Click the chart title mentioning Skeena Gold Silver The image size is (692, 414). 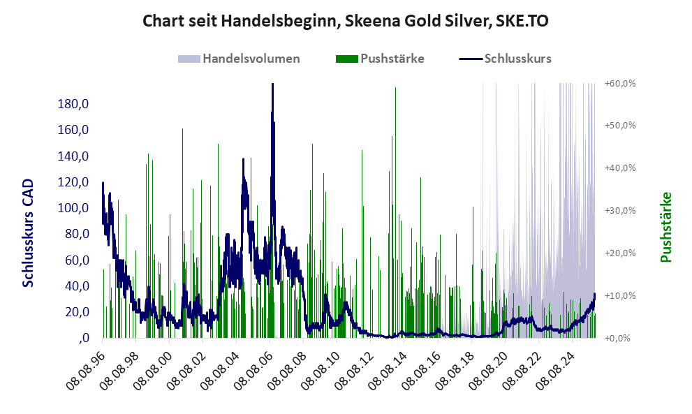pyautogui.click(x=346, y=21)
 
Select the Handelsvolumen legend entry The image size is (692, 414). pyautogui.click(x=251, y=59)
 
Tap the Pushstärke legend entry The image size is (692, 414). pyautogui.click(x=392, y=59)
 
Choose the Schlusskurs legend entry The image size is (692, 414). pyautogui.click(x=517, y=59)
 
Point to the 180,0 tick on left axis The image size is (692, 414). pyautogui.click(x=73, y=104)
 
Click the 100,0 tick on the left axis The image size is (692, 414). pyautogui.click(x=73, y=208)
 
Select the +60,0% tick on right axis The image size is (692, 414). pyautogui.click(x=619, y=83)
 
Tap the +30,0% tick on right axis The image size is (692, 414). pyautogui.click(x=619, y=210)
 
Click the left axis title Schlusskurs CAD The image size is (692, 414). pyautogui.click(x=29, y=233)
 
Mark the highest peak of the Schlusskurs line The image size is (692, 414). pyautogui.click(x=272, y=84)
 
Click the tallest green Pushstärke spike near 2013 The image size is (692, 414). pyautogui.click(x=395, y=89)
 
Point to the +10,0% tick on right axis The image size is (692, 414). pyautogui.click(x=619, y=295)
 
